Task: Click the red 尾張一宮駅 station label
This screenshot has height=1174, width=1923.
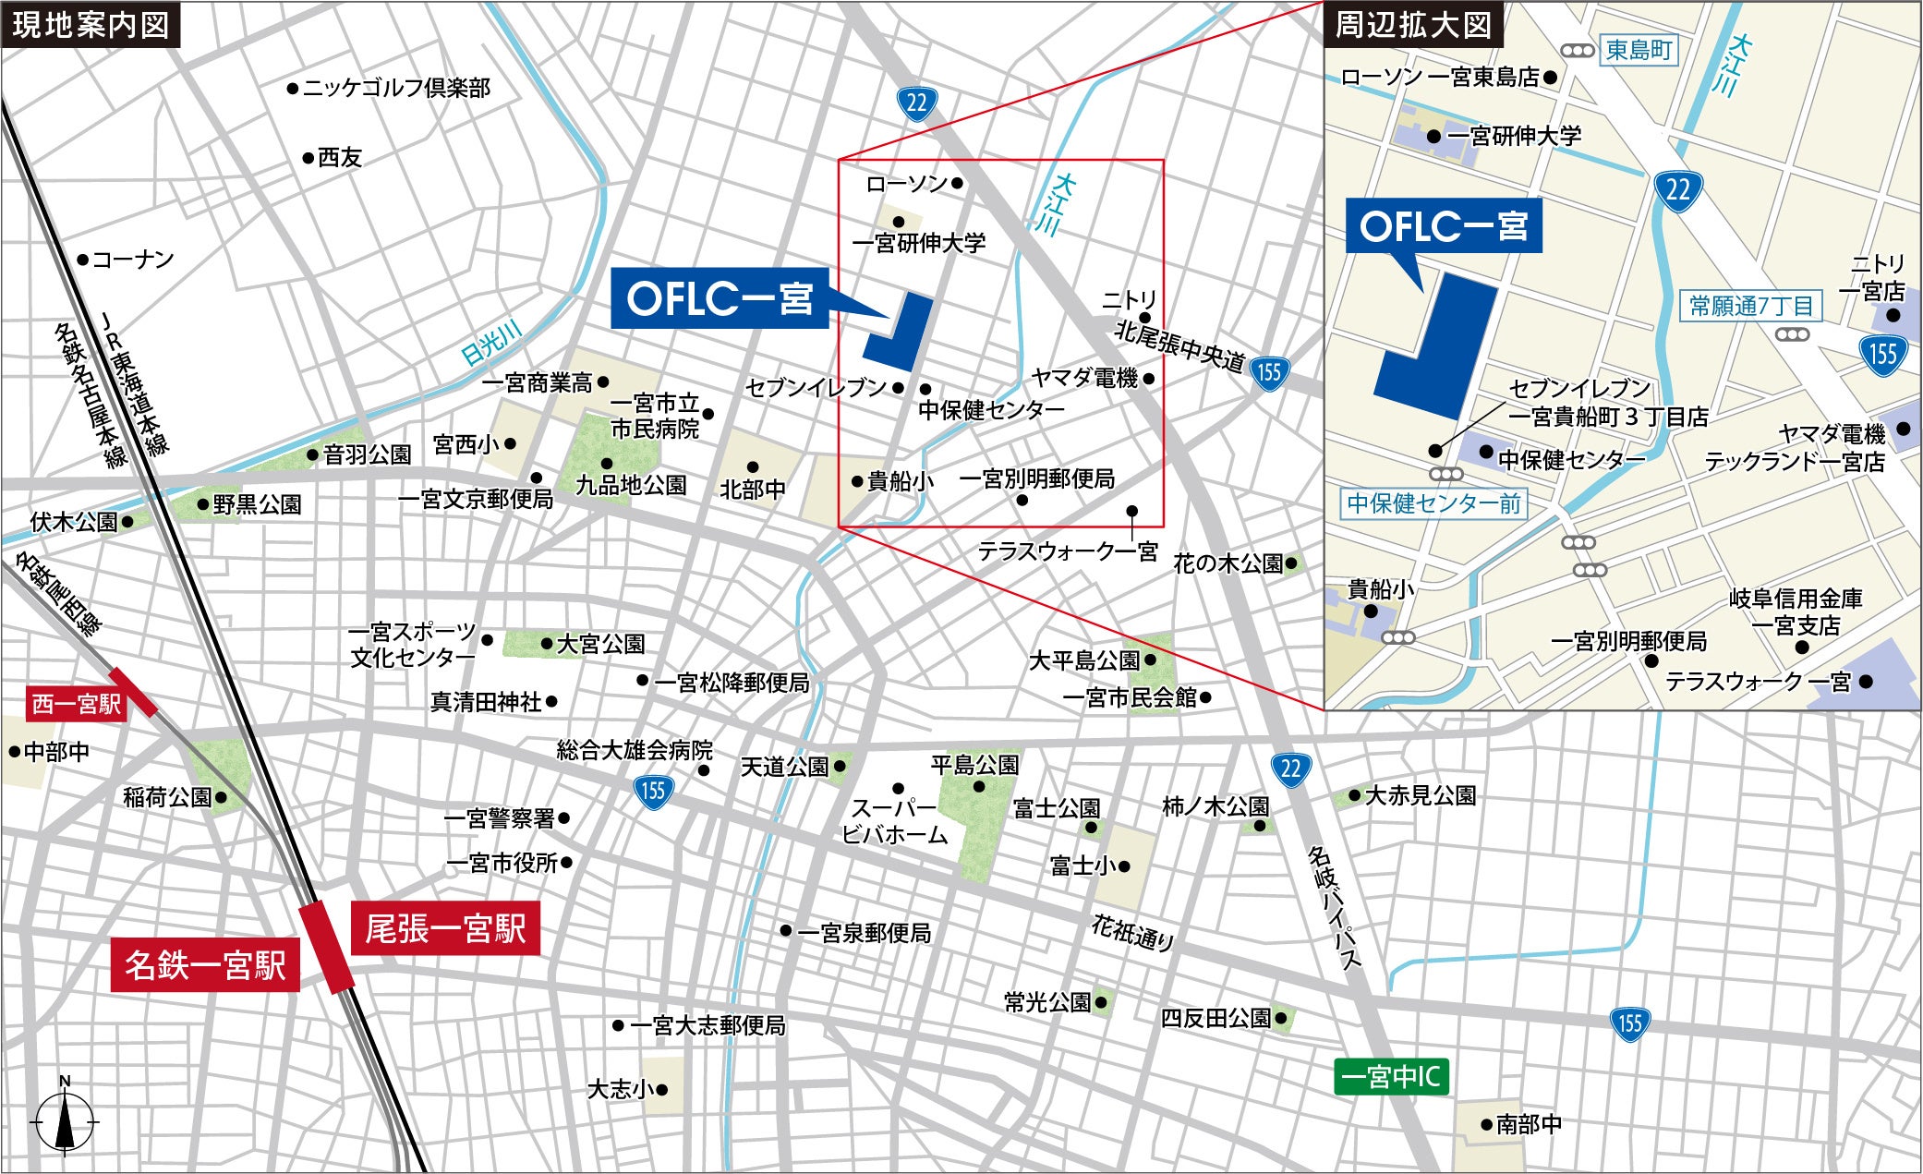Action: click(445, 928)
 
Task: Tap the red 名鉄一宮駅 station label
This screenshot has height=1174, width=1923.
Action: click(205, 965)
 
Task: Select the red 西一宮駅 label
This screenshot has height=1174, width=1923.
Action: click(77, 704)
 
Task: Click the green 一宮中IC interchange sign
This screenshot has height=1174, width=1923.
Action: click(1390, 1076)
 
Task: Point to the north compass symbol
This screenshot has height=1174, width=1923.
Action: click(65, 1120)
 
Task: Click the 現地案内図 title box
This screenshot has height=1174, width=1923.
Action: click(91, 25)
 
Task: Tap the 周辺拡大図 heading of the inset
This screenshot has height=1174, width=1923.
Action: click(1413, 25)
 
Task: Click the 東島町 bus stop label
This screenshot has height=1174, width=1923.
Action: click(1639, 50)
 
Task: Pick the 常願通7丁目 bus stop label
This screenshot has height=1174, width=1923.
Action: click(1750, 306)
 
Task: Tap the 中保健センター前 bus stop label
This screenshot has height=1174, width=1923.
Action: click(1433, 503)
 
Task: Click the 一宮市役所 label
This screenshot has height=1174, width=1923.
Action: click(502, 864)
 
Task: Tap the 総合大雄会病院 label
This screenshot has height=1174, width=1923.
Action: click(635, 750)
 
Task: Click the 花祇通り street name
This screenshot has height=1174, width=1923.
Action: click(1132, 933)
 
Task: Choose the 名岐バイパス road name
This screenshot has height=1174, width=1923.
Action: click(1335, 908)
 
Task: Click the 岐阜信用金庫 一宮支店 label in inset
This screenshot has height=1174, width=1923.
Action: click(1795, 611)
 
